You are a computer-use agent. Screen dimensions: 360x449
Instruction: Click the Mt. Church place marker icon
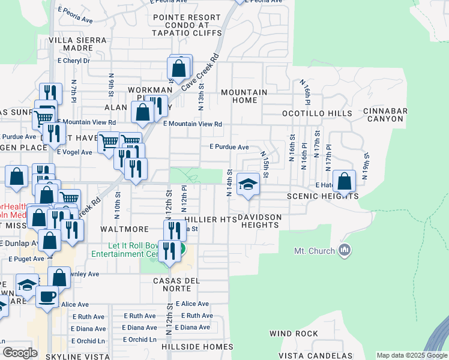coord(345,250)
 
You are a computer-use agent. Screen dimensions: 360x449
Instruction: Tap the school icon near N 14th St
coord(247,184)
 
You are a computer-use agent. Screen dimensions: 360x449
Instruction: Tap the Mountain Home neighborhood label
coord(244,96)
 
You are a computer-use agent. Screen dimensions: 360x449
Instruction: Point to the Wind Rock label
coord(294,333)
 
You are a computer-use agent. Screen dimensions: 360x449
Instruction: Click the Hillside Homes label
coord(197,347)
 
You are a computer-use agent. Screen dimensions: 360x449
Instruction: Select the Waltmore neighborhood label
coord(124,229)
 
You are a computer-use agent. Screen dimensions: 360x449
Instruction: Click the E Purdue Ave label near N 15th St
coord(229,147)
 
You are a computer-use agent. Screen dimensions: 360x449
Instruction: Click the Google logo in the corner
coord(20,353)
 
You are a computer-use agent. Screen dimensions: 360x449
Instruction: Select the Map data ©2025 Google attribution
coord(411,355)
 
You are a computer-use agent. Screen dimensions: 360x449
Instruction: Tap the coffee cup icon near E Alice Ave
coord(47,295)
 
